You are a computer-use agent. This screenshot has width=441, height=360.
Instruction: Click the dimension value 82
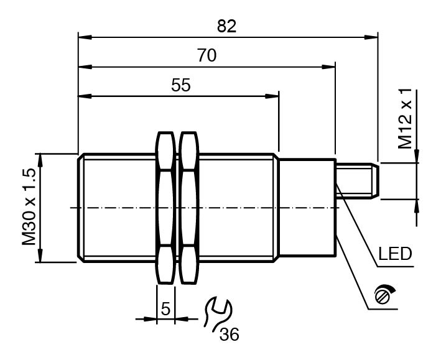coord(226,27)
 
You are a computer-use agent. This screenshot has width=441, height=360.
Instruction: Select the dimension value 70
coord(207,55)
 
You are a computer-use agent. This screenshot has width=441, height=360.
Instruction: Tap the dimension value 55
coord(181,85)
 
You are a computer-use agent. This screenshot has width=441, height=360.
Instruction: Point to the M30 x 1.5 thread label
coord(29,207)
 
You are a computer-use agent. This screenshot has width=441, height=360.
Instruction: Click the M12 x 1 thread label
coord(405,118)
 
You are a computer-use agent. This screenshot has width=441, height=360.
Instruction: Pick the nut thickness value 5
coord(165,308)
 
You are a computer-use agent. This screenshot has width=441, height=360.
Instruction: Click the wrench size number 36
coord(230,335)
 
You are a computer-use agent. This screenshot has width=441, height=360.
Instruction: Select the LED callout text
coord(395,254)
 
